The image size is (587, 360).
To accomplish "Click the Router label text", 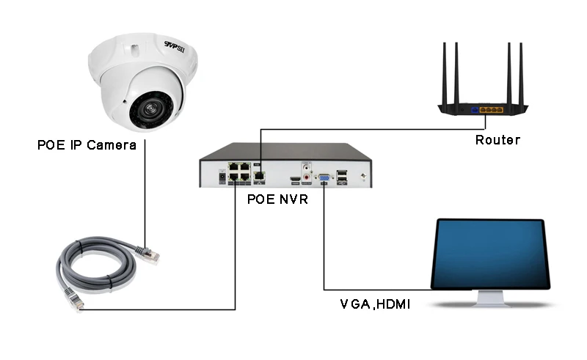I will click(497, 140).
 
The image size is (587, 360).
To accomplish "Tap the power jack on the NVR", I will click(221, 177).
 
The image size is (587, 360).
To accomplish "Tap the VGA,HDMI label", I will click(375, 302).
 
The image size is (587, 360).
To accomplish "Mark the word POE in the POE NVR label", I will click(260, 199).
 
